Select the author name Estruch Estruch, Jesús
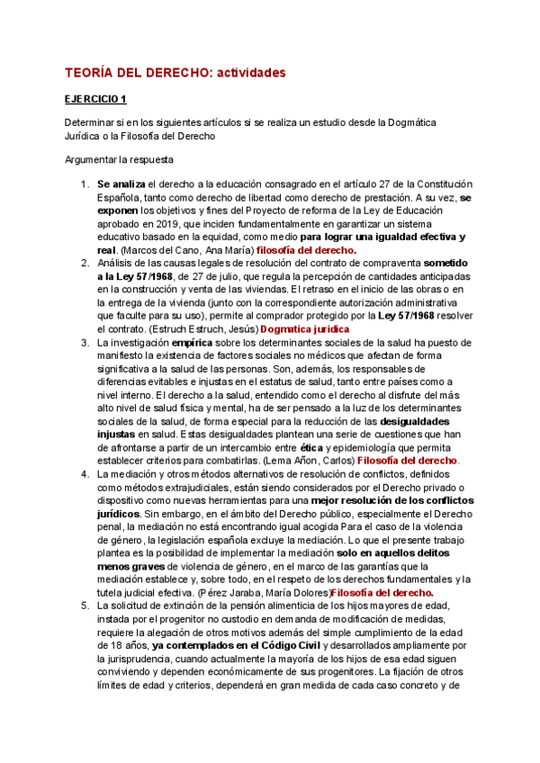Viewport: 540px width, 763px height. click(x=202, y=330)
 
